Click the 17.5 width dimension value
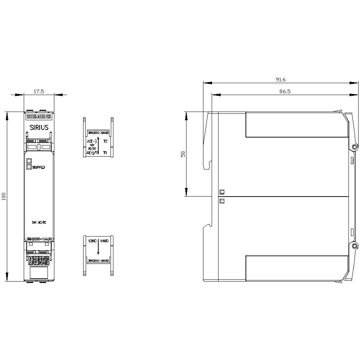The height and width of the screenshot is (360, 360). click(39, 91)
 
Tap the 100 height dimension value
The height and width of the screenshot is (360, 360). click(4, 197)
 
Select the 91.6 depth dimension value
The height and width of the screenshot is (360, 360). click(280, 80)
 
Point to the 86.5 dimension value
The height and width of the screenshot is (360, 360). click(284, 91)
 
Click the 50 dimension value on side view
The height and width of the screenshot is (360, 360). click(183, 154)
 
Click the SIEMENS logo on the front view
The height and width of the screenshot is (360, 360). click(39, 116)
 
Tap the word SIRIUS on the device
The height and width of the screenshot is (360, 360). click(39, 127)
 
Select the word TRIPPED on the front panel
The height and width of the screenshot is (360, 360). click(39, 167)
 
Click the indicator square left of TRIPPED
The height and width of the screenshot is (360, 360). click(29, 167)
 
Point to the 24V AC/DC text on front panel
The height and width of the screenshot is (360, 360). click(39, 223)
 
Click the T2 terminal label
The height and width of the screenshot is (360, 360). click(105, 141)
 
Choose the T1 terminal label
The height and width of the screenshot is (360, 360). click(105, 153)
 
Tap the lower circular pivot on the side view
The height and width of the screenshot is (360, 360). click(355, 246)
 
